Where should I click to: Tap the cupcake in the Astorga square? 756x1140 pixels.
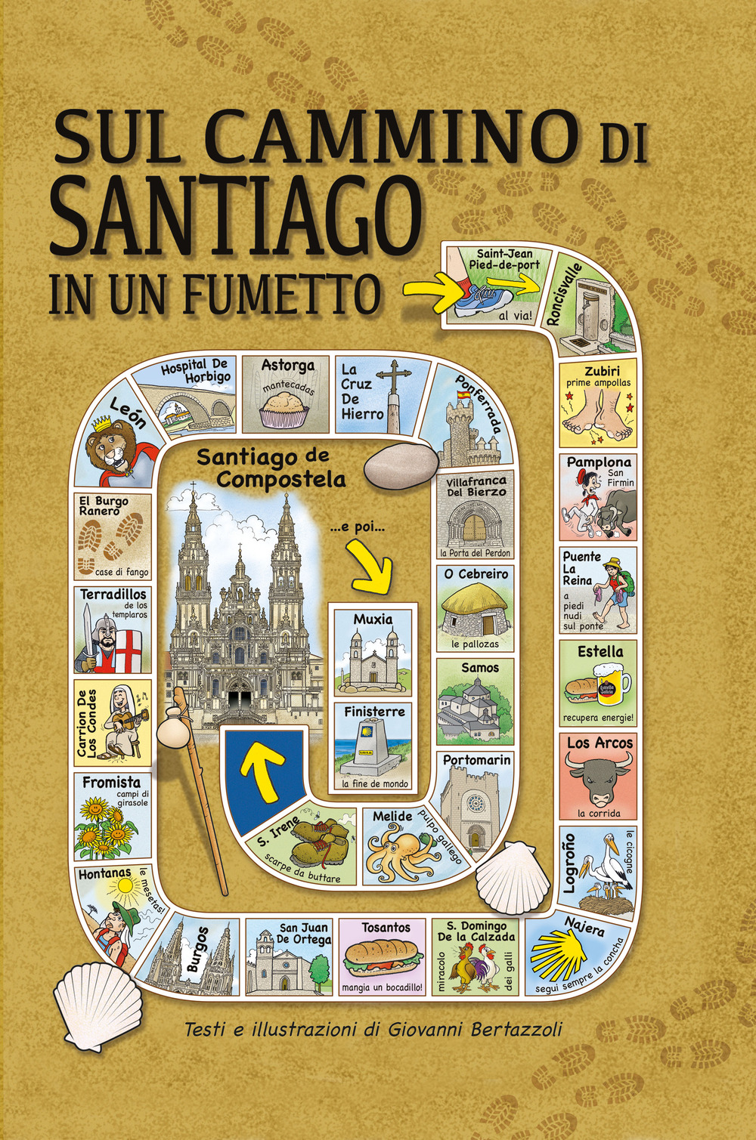(285, 412)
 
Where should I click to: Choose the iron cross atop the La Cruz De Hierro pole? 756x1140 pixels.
(393, 374)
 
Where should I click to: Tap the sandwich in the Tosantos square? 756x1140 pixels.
(383, 958)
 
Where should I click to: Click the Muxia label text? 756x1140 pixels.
(373, 619)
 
